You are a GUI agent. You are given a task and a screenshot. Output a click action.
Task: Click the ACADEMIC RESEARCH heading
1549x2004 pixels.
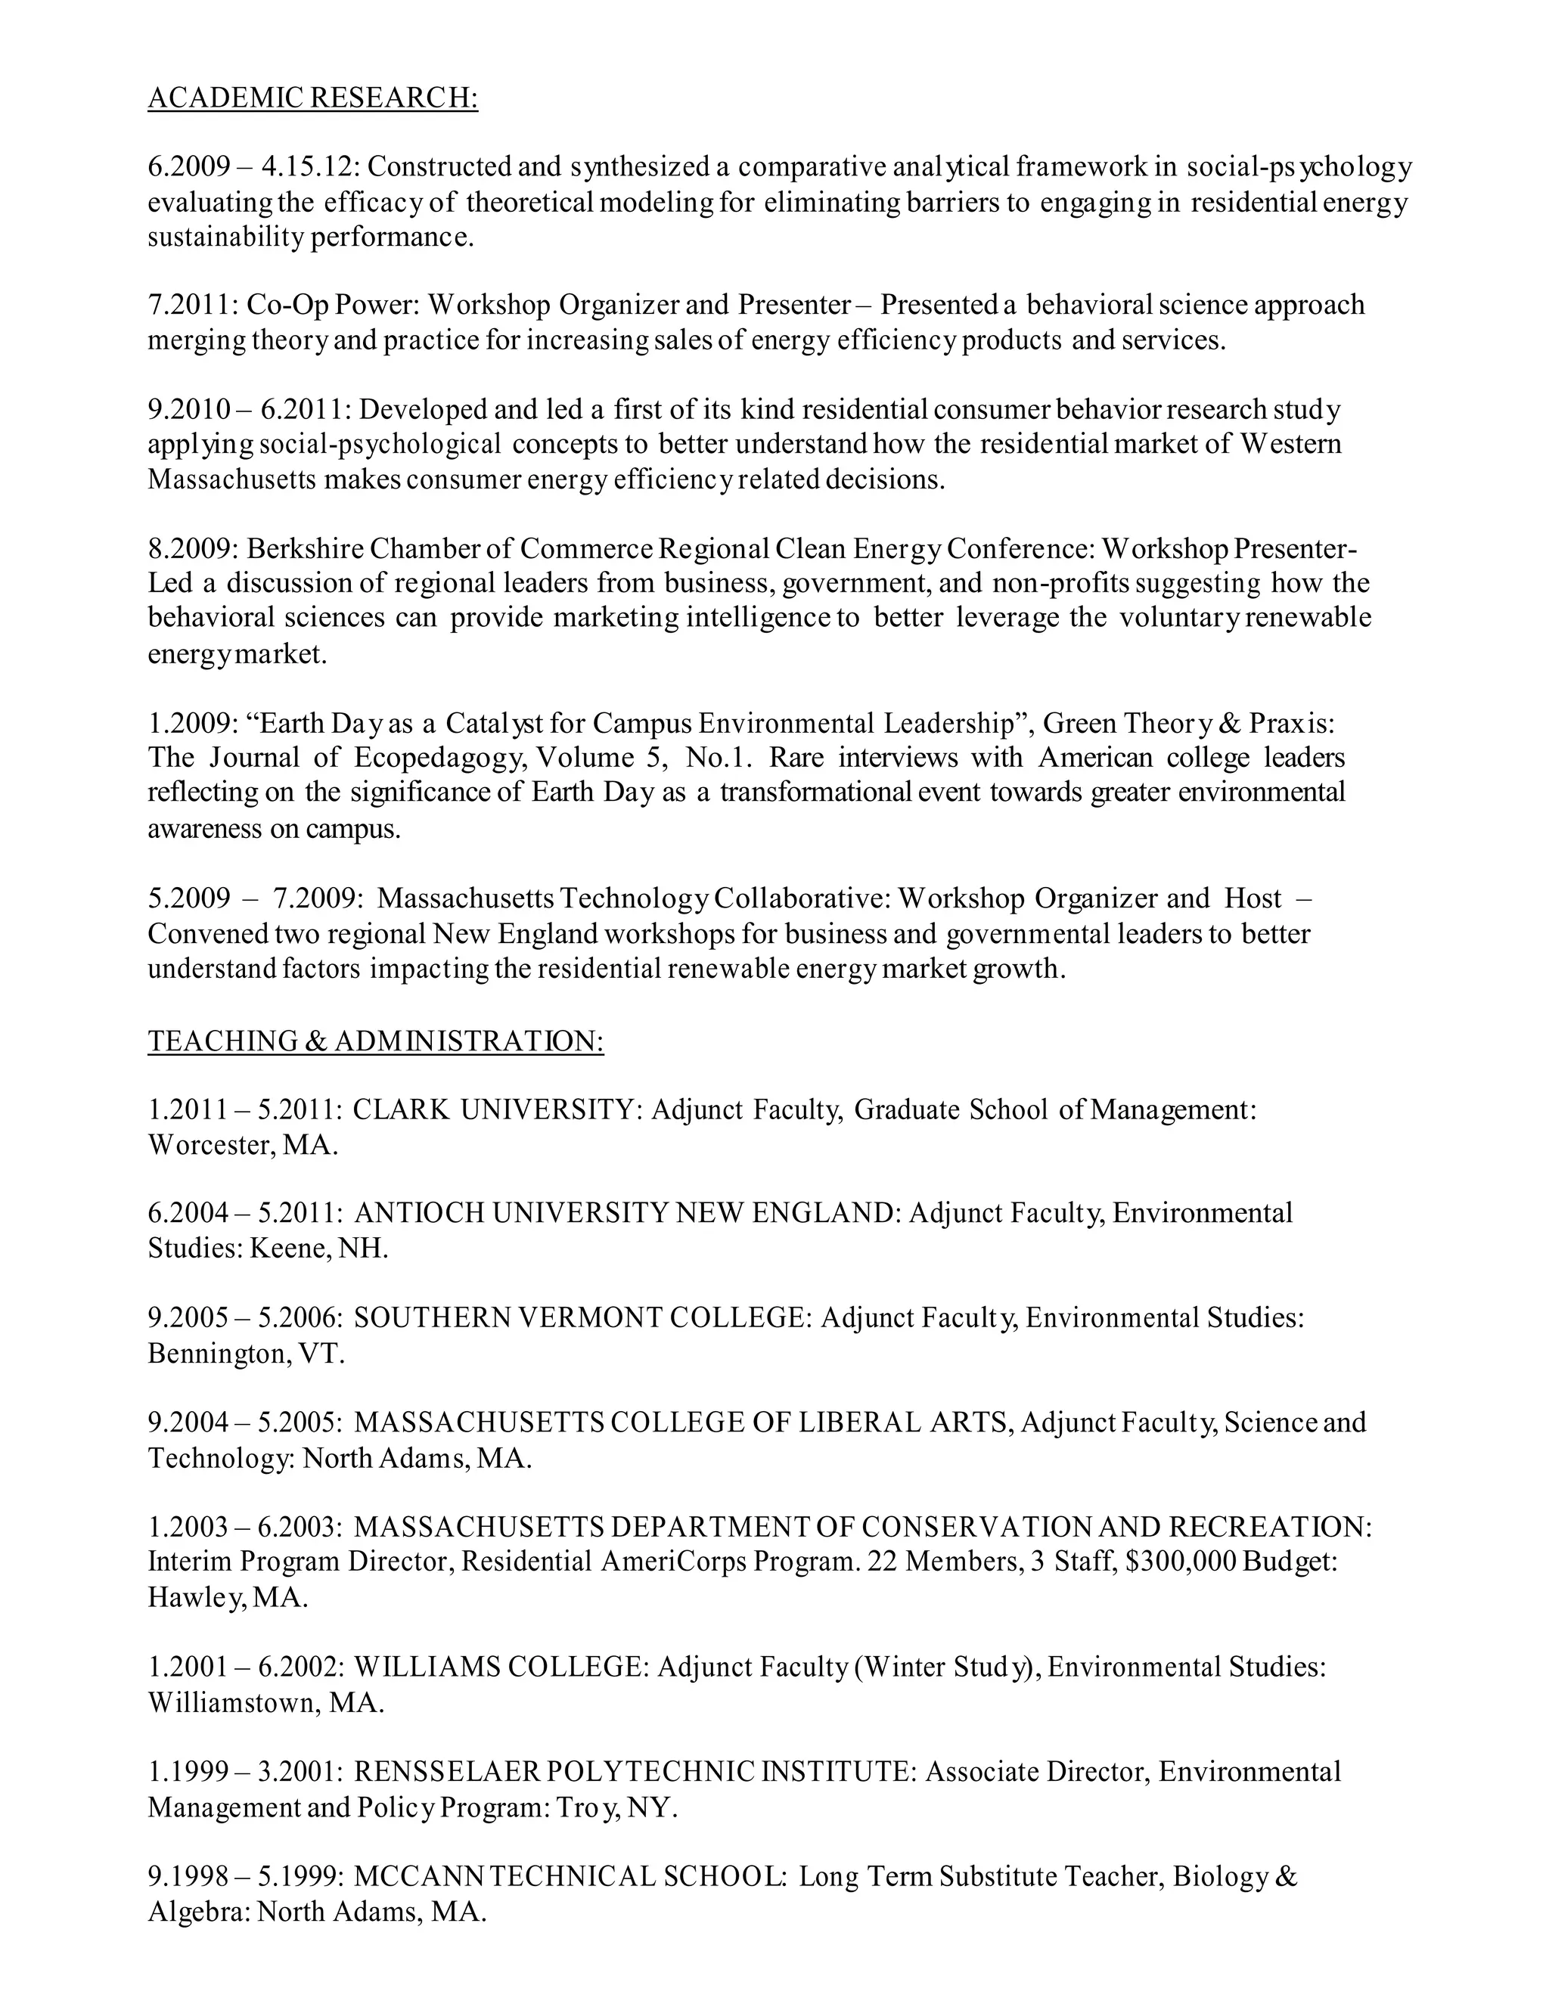pos(312,98)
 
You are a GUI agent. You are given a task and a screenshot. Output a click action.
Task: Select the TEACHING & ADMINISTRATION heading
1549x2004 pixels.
pos(375,1041)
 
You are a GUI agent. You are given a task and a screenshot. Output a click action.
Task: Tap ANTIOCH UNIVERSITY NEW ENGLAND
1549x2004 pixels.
pos(624,1214)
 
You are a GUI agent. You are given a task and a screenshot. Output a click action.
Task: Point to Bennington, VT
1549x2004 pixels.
pos(246,1354)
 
